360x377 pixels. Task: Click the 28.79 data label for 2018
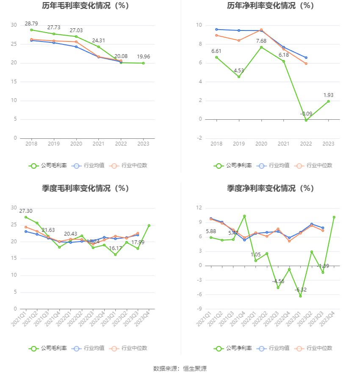tap(31, 24)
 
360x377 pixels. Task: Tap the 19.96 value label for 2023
tap(143, 57)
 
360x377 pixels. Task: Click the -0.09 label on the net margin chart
tap(306, 114)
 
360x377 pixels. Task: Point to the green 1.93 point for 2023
tap(328, 101)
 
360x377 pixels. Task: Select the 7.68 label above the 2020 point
tap(261, 41)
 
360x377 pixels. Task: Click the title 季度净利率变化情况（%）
tap(270, 188)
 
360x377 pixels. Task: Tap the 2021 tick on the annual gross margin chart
tap(99, 144)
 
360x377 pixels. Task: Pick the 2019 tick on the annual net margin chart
tap(239, 144)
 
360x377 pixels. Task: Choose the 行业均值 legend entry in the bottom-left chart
tap(90, 348)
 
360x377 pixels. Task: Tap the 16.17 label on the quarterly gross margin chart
tap(115, 248)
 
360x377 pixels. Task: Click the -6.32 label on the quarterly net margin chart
tap(300, 290)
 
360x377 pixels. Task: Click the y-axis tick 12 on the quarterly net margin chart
tap(199, 208)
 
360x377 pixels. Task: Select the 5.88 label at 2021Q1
tap(210, 231)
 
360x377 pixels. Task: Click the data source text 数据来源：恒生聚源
tap(180, 369)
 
